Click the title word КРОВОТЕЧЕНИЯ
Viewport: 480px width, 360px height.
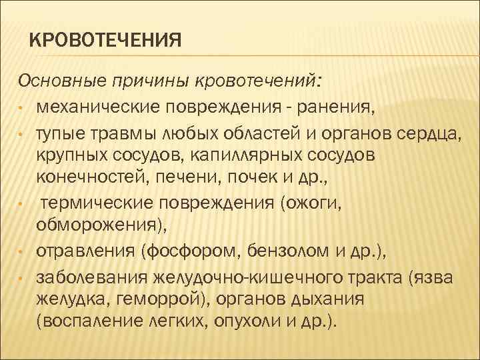tap(106, 41)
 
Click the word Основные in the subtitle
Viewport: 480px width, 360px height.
tap(55, 81)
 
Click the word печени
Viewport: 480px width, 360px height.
tap(190, 177)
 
